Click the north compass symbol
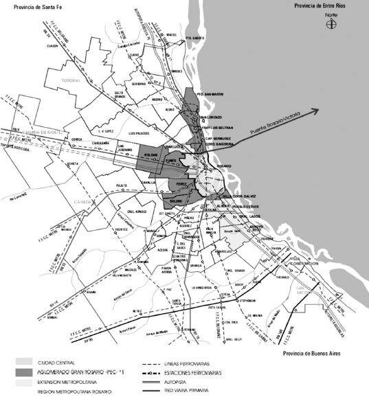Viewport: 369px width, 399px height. coord(331,24)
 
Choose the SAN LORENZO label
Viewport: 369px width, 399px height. coord(210,117)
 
